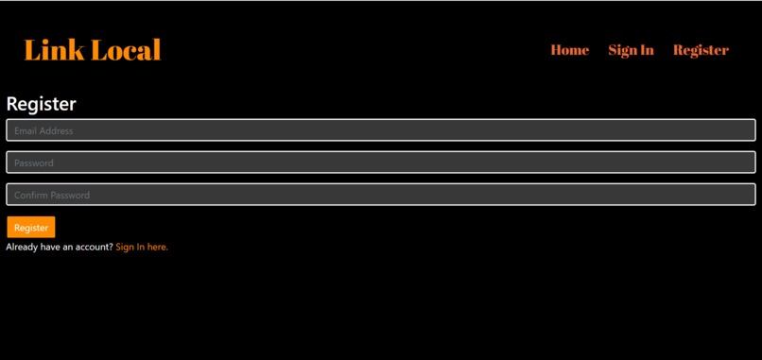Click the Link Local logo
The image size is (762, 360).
click(93, 50)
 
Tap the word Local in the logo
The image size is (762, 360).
click(126, 50)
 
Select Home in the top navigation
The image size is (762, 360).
click(569, 50)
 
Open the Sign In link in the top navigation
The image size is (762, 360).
click(631, 50)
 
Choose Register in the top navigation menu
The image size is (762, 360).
click(701, 50)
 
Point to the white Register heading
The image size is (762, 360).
click(41, 104)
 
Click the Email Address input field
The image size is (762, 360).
click(380, 130)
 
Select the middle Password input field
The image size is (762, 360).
click(380, 163)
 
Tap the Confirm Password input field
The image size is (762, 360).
click(380, 195)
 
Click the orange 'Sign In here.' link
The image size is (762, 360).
click(142, 247)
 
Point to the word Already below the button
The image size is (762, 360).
click(22, 247)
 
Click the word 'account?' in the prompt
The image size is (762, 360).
click(95, 247)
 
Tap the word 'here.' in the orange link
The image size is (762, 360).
click(158, 247)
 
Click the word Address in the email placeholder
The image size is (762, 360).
click(57, 130)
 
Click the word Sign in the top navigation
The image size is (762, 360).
click(620, 50)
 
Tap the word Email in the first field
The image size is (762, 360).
click(26, 130)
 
